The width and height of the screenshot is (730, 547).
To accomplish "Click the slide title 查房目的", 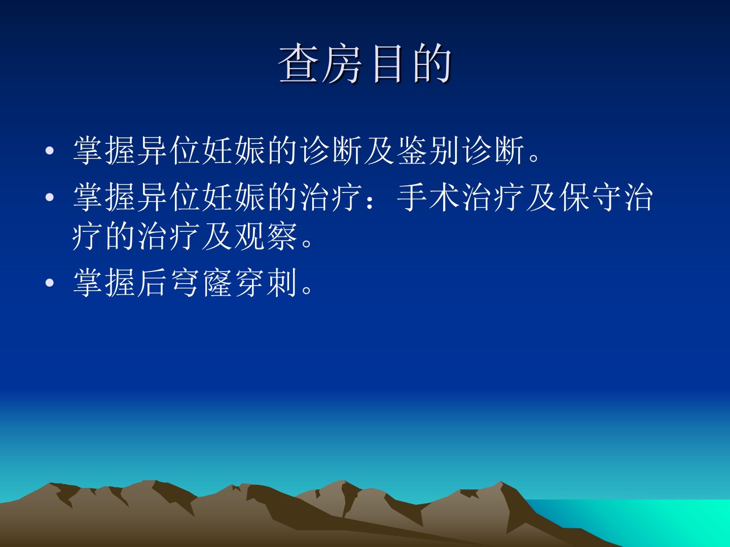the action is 364,63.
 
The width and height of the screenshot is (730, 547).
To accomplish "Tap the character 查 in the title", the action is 298,63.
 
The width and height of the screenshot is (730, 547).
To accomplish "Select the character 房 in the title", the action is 342,63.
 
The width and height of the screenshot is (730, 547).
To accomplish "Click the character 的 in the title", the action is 432,63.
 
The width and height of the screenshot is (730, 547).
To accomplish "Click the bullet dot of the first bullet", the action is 50,151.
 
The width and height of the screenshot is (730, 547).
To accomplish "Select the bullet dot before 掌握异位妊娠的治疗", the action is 50,198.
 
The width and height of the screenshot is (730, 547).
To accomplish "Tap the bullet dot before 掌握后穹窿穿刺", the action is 50,283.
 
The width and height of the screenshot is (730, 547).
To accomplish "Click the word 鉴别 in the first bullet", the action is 429,150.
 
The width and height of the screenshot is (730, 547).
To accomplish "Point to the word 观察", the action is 266,236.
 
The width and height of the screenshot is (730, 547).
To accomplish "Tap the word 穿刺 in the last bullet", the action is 266,283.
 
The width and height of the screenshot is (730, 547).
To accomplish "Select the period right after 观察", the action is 307,244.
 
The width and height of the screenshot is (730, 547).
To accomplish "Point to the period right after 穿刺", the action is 307,290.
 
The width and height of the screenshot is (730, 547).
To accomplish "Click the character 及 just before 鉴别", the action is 380,150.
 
